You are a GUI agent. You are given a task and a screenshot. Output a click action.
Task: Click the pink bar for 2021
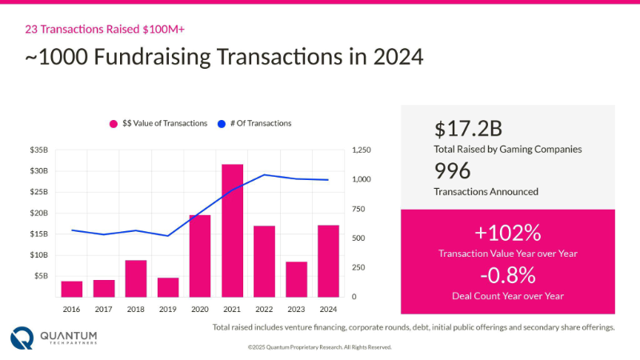click(232, 230)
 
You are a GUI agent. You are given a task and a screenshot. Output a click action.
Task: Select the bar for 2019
click(168, 287)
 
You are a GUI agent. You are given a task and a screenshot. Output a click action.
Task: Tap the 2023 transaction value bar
click(296, 279)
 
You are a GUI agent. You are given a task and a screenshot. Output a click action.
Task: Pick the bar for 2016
click(72, 289)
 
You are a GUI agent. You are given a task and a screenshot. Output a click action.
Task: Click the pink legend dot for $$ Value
click(114, 124)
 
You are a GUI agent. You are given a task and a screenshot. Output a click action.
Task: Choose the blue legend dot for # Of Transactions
click(222, 124)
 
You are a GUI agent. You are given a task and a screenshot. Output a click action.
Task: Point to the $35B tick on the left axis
click(38, 150)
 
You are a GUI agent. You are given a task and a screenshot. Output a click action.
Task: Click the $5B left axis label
click(42, 276)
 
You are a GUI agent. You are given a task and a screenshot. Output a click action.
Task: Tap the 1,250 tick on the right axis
click(362, 150)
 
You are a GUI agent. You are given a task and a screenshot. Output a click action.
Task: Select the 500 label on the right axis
click(358, 238)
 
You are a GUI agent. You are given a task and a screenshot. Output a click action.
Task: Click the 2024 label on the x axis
click(328, 310)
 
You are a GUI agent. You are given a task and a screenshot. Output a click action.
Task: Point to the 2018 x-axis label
click(135, 310)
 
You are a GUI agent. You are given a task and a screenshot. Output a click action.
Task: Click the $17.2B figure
click(468, 129)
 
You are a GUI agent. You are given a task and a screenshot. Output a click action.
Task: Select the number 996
click(452, 170)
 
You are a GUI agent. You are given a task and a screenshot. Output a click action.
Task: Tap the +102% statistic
click(508, 233)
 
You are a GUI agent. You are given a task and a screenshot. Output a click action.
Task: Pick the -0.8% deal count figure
click(508, 275)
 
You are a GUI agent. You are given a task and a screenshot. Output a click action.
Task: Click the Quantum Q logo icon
click(22, 338)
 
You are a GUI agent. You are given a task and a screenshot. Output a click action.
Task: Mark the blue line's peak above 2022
click(264, 174)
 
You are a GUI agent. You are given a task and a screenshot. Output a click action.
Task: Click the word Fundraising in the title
click(152, 57)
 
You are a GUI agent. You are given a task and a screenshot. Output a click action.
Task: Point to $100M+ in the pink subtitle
click(164, 30)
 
